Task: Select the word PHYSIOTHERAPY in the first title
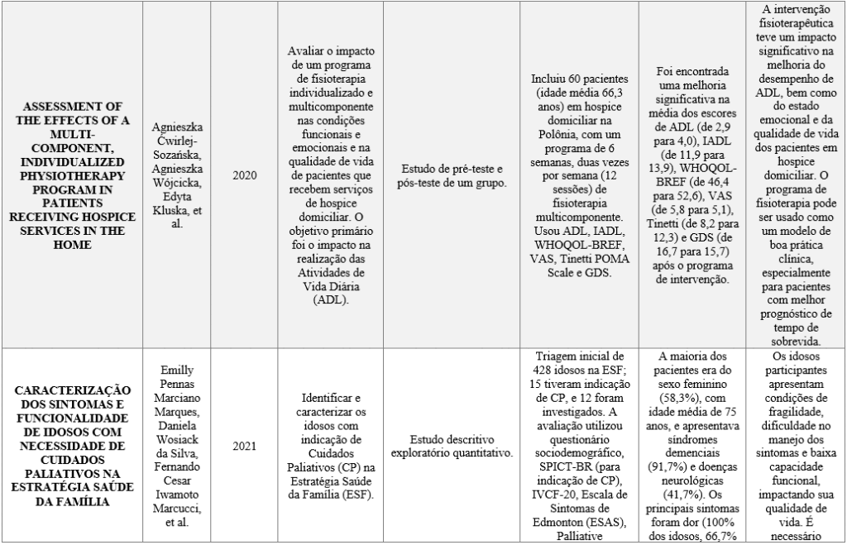73,176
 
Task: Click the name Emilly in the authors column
175,371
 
